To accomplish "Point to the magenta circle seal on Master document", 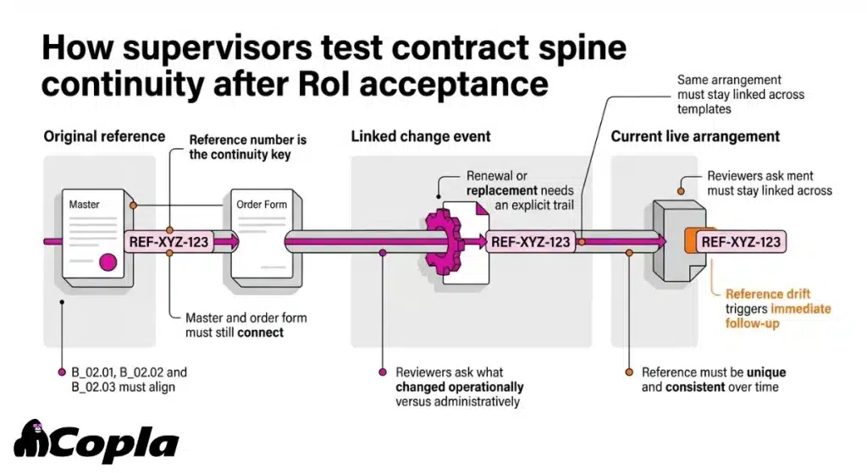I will point(108,261).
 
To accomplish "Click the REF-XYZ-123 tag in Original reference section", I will point(168,241).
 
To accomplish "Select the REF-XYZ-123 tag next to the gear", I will point(530,241).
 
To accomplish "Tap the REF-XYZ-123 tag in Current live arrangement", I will point(741,241).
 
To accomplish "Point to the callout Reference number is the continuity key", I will point(247,147).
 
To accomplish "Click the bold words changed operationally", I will point(459,387).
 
